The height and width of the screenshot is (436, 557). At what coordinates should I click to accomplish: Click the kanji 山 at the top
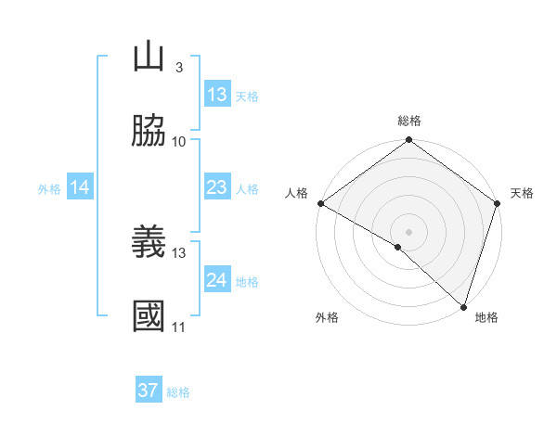pos(149,58)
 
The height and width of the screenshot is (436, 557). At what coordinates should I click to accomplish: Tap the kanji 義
pos(149,243)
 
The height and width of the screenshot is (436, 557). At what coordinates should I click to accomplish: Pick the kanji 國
pos(149,316)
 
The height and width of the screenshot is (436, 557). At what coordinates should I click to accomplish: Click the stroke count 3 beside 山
pos(178,68)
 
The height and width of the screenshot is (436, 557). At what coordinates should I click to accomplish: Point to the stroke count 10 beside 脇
pos(178,141)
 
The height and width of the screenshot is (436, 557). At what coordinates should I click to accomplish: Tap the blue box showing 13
pos(217,95)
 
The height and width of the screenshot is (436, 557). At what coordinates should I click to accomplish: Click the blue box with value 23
pos(217,187)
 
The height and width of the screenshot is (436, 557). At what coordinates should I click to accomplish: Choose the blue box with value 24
pos(217,280)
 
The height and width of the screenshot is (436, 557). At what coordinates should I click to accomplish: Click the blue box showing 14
pos(80,187)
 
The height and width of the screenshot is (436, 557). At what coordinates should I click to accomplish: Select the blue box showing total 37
pos(149,391)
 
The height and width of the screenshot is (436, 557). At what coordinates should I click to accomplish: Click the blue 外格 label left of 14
pos(49,188)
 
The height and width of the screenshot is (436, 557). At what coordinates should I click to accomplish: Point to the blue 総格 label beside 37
pos(178,392)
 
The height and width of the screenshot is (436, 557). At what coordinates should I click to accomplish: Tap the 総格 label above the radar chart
pos(408,121)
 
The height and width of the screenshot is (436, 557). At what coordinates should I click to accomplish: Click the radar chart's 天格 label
pos(523,193)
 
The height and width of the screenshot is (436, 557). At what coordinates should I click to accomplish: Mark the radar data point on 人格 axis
pos(319,203)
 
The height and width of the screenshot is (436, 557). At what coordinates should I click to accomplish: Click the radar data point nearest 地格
pos(463,307)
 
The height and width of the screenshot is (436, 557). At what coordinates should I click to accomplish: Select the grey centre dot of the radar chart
pos(408,231)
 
